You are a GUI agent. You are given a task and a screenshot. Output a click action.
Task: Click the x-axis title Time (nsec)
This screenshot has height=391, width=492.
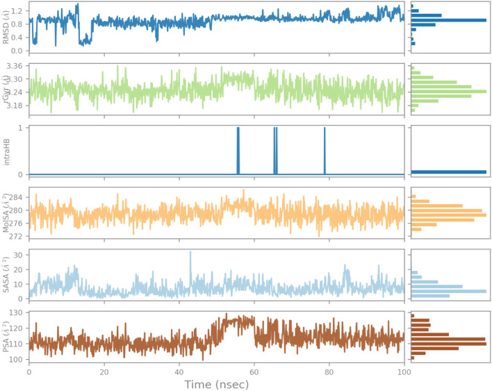(216, 384)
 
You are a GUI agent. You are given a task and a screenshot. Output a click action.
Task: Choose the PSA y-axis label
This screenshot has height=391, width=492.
(7, 338)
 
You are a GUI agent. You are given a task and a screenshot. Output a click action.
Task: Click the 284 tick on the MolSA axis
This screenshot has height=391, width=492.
(17, 197)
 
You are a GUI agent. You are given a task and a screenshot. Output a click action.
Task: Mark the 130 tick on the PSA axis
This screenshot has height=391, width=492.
(17, 314)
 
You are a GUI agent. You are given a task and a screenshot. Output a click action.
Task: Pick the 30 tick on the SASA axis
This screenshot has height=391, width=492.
(19, 255)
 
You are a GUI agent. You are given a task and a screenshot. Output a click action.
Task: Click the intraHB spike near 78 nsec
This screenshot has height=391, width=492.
(325, 149)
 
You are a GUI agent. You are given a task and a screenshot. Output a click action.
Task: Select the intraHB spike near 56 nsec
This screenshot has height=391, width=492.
(238, 149)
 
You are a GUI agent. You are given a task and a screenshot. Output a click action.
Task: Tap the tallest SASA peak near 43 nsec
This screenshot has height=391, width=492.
(190, 253)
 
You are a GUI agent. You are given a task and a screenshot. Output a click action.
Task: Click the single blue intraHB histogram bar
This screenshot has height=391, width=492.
(448, 172)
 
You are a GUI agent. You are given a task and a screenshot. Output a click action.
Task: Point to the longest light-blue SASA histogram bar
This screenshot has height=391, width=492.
(448, 291)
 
